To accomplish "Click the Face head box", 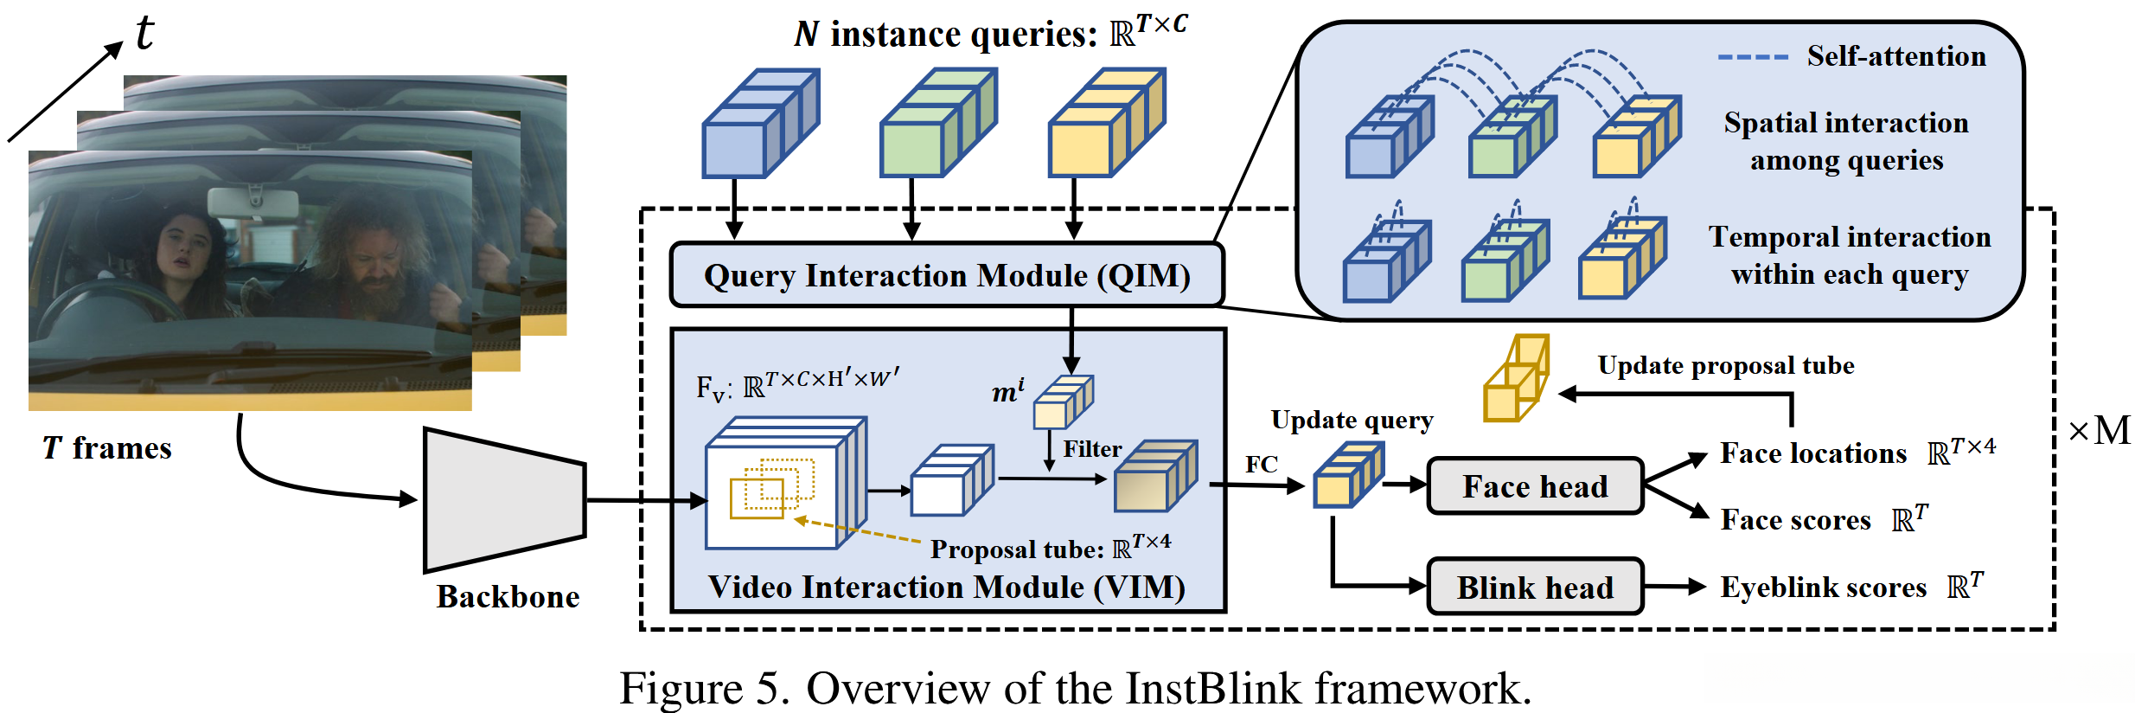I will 1535,486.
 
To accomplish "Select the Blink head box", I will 1535,587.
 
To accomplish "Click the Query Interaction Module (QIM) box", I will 947,275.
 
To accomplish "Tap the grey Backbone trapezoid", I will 504,500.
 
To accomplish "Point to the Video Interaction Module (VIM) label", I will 947,587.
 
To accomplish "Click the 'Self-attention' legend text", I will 1895,56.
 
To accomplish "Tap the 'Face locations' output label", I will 1812,453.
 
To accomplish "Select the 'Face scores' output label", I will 1795,519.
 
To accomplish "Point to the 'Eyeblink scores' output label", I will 1823,588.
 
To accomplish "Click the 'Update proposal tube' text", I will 1725,365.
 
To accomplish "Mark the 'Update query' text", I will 1352,420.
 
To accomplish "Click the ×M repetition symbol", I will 2099,431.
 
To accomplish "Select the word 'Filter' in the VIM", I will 1091,449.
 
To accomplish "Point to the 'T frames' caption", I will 107,448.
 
